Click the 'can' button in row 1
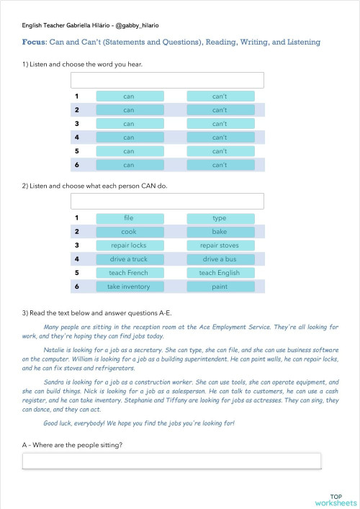(129, 96)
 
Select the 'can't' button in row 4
(220, 138)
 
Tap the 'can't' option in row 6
(220, 165)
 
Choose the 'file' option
(129, 217)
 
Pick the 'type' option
(220, 217)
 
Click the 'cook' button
(129, 231)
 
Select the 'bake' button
(220, 231)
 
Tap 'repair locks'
(129, 245)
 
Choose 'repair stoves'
(220, 245)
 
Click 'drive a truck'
(129, 258)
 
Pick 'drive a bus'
(220, 258)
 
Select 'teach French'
(129, 273)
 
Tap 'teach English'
(220, 273)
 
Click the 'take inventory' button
(129, 287)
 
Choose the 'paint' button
(220, 287)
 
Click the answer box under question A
(171, 461)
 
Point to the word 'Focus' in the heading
(36, 42)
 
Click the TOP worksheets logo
(336, 500)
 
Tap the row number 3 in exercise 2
(76, 245)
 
